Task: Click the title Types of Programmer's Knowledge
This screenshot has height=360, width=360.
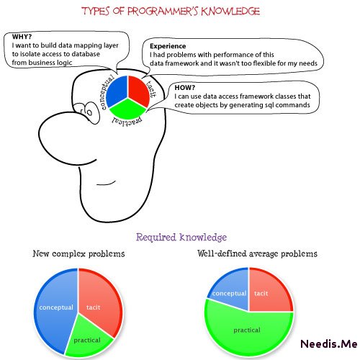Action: point(171,12)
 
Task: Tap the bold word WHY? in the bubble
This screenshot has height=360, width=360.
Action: point(22,37)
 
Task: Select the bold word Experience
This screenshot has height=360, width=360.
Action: point(168,46)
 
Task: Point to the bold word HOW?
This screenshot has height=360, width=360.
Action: point(185,88)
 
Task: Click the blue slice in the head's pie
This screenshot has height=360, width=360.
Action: point(117,90)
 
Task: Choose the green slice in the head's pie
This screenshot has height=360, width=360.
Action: point(127,109)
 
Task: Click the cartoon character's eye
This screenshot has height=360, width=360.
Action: point(89,112)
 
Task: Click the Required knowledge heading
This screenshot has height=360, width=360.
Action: point(181,237)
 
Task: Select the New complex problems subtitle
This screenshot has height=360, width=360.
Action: point(78,253)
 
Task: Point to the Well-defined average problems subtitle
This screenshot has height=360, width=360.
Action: point(257,253)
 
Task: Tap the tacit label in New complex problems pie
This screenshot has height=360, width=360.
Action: point(93,307)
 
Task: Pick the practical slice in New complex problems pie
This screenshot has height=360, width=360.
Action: point(88,338)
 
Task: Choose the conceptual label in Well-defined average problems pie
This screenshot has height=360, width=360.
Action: point(229,293)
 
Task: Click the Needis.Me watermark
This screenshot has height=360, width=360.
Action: point(329,343)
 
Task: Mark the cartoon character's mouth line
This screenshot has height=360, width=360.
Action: point(106,184)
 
